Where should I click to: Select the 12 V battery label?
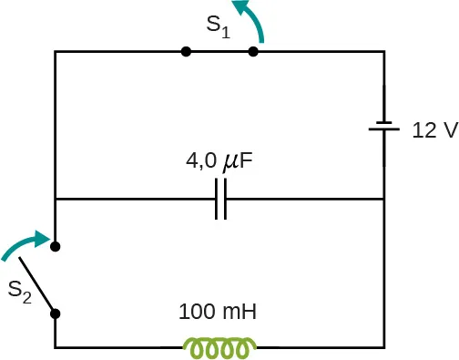[434, 129]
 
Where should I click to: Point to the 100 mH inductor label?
[219, 312]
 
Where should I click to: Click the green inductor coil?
[219, 347]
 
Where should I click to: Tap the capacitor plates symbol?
[219, 199]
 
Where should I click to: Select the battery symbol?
[384, 129]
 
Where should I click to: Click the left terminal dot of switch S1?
[186, 52]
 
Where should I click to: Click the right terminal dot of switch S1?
[253, 52]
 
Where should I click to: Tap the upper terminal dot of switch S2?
[56, 246]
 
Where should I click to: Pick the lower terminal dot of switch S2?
[56, 314]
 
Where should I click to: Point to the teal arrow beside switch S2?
[25, 242]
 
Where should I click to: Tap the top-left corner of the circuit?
[56, 52]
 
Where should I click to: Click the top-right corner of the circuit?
[384, 52]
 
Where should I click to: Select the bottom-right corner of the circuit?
[384, 347]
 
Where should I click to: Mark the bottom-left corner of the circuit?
[56, 347]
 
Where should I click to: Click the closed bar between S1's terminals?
[219, 52]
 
